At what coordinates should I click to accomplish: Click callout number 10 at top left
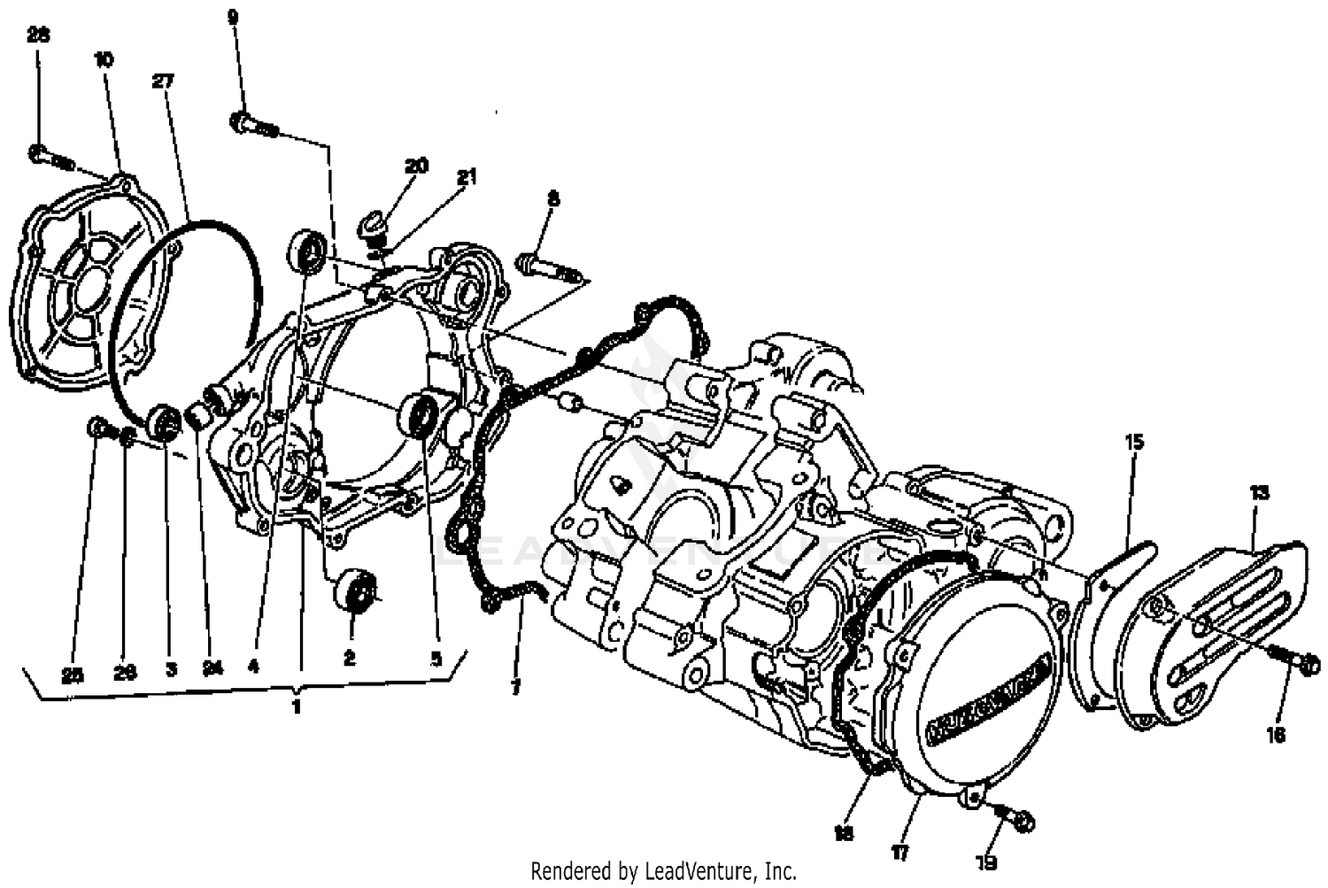pyautogui.click(x=104, y=59)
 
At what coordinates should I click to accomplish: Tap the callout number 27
pyautogui.click(x=163, y=81)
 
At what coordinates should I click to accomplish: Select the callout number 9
pyautogui.click(x=233, y=16)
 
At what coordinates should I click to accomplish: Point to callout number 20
pyautogui.click(x=416, y=166)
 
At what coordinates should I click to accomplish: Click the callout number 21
pyautogui.click(x=466, y=177)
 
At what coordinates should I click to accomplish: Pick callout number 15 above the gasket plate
pyautogui.click(x=1134, y=440)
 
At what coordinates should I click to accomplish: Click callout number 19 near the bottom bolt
pyautogui.click(x=987, y=861)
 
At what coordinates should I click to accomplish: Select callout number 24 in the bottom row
pyautogui.click(x=211, y=670)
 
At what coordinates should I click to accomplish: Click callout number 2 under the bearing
pyautogui.click(x=350, y=659)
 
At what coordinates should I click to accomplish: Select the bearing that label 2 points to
pyautogui.click(x=355, y=591)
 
